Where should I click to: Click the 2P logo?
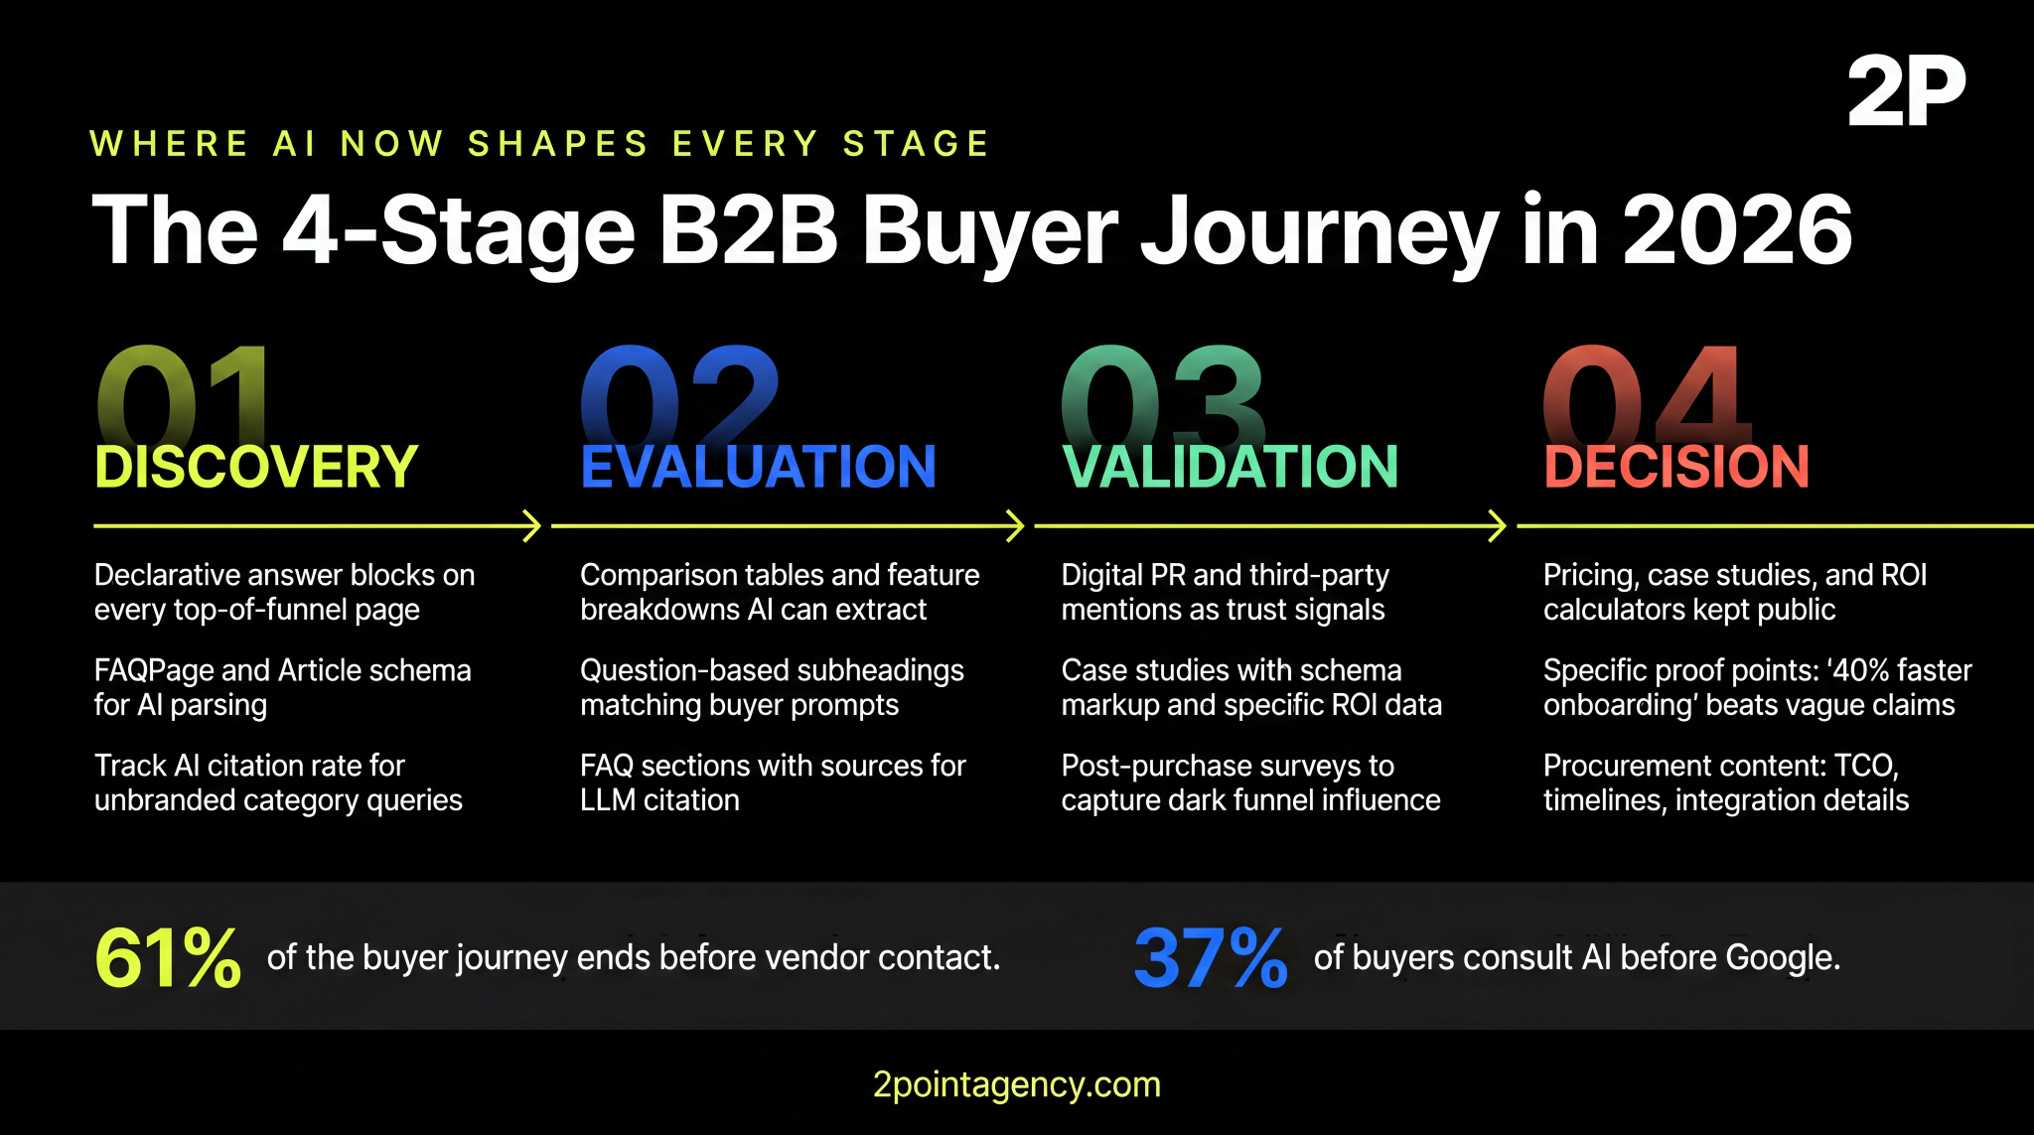1906,91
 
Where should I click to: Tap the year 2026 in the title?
1737,230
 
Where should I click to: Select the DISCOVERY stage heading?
256,467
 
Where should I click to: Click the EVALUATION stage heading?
758,467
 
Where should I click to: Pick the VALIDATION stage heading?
1230,467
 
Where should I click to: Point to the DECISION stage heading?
1676,467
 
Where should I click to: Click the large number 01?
184,392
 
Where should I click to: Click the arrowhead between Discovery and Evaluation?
532,526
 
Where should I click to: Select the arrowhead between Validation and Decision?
1498,526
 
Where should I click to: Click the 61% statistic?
168,958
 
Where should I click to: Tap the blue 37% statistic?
1210,958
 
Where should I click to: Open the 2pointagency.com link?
1016,1084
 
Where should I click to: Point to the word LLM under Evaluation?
607,800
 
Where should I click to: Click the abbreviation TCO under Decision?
1865,766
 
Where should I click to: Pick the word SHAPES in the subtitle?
558,144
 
